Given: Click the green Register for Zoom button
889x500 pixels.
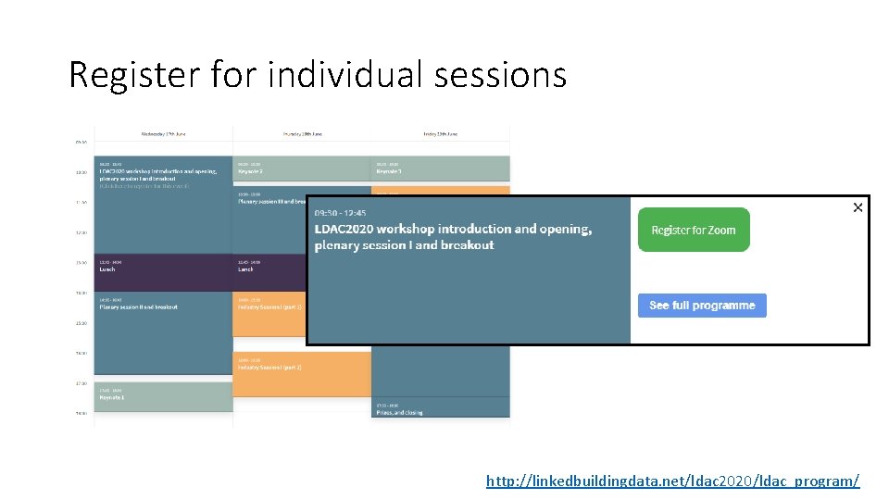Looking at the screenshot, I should click(694, 230).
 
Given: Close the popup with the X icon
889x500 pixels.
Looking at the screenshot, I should click(858, 207).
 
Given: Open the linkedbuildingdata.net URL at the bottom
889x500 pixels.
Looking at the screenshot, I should click(672, 481).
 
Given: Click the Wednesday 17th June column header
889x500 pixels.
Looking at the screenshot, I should click(164, 134).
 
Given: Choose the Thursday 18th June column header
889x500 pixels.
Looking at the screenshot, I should click(302, 134).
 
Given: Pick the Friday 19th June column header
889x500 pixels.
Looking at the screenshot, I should click(440, 134).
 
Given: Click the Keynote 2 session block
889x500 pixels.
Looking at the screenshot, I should click(251, 171).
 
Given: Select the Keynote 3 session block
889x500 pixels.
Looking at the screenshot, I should click(389, 171).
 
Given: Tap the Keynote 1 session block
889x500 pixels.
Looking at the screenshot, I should click(113, 397).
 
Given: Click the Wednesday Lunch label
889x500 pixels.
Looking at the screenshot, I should click(107, 269).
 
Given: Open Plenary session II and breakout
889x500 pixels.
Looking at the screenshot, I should click(139, 306).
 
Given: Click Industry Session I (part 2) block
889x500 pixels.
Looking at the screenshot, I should click(269, 368).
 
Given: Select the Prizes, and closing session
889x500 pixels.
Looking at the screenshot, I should click(400, 412).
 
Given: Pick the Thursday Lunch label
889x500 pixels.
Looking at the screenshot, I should click(245, 269).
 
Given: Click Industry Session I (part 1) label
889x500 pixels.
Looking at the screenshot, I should click(269, 306).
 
